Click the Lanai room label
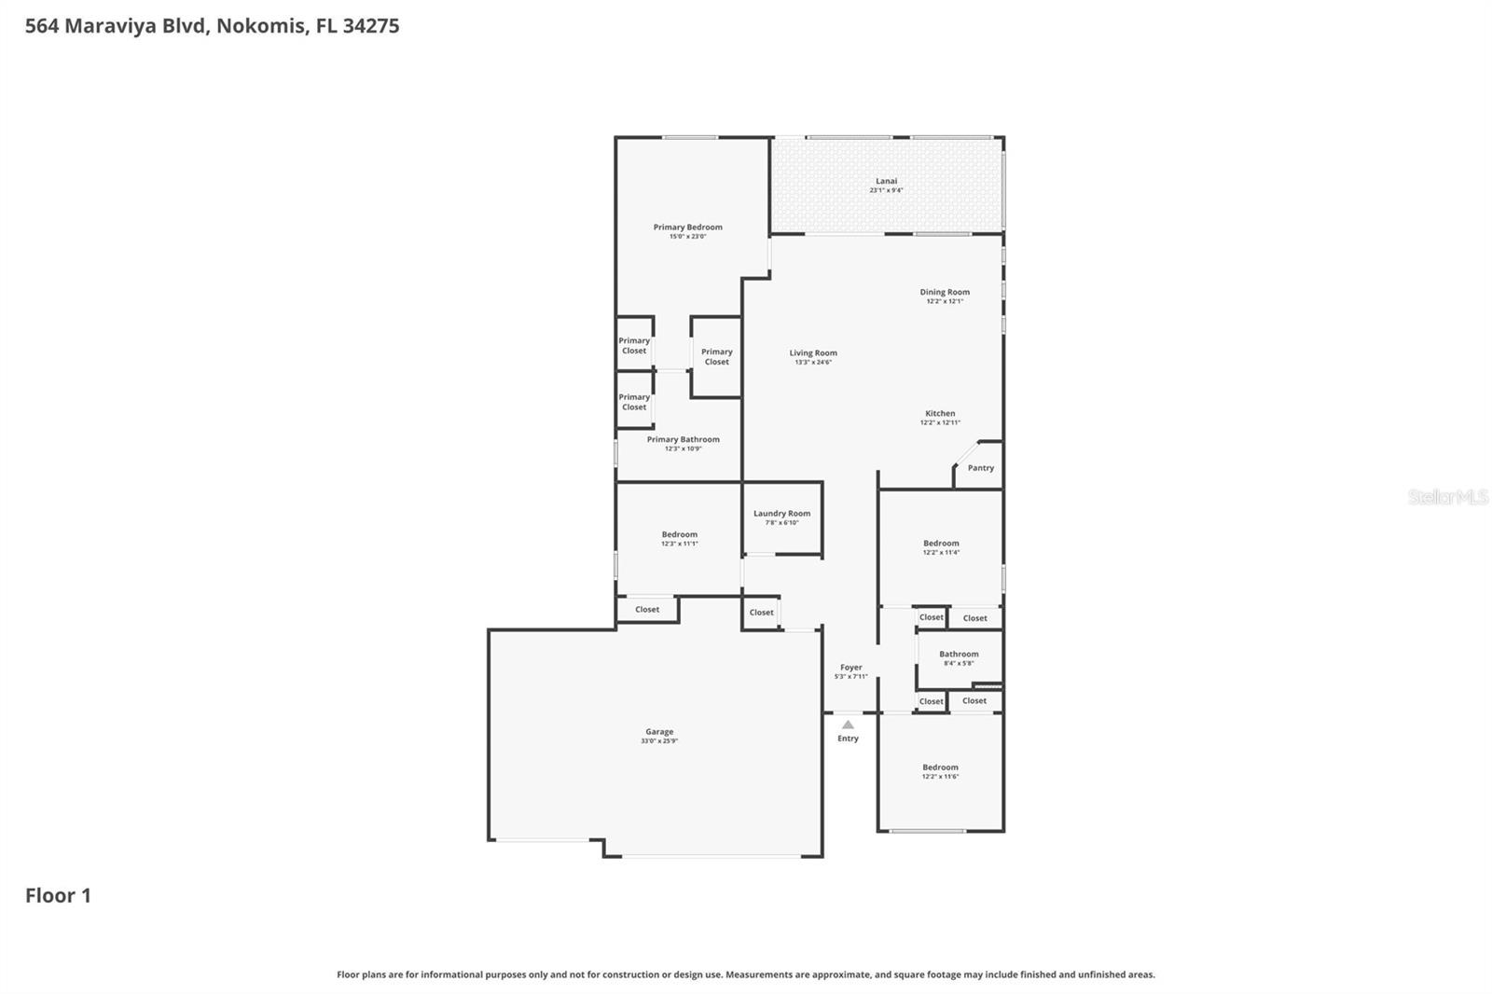(x=886, y=181)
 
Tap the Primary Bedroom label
(x=687, y=227)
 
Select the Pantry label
(x=980, y=468)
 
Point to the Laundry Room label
(x=781, y=513)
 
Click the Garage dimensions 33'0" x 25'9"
(x=659, y=741)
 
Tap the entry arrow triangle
(x=848, y=725)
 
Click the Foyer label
(x=850, y=668)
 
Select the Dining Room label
(x=945, y=292)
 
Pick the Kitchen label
(x=940, y=413)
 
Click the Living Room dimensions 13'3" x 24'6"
(x=813, y=362)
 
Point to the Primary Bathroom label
(x=683, y=439)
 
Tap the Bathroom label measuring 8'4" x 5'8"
(x=959, y=654)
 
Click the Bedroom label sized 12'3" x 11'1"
(x=679, y=534)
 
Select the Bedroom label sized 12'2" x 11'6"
(x=940, y=767)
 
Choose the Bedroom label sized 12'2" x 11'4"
(x=941, y=543)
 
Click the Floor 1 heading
(x=58, y=895)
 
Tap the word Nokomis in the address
(x=260, y=26)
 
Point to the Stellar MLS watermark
(x=1447, y=497)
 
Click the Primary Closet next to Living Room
(x=716, y=356)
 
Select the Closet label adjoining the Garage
(x=647, y=610)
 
